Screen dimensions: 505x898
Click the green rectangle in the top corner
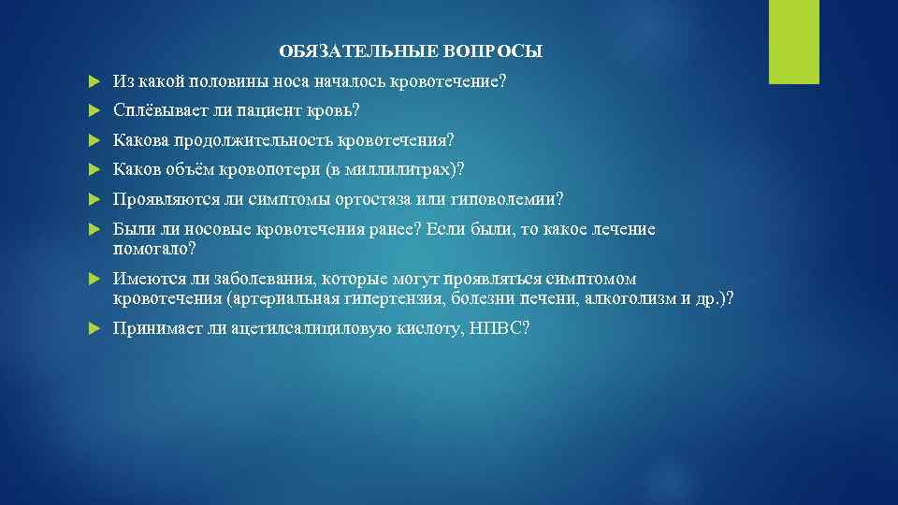coord(793,42)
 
